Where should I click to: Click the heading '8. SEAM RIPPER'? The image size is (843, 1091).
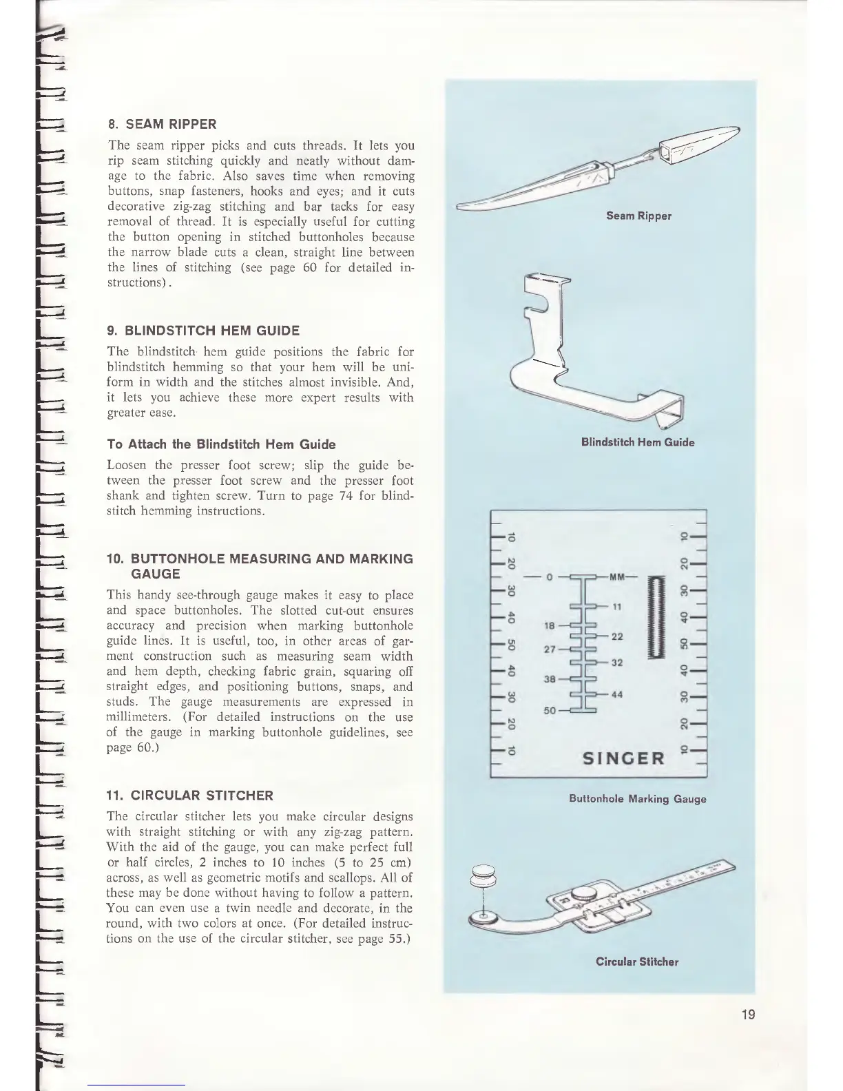(163, 125)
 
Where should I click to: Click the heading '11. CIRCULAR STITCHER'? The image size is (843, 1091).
(190, 796)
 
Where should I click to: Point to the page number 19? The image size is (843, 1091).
(749, 1014)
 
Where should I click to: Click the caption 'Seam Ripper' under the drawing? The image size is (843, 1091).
(638, 216)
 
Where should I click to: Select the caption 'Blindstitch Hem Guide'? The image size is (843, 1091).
(638, 442)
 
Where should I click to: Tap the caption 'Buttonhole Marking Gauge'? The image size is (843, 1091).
(637, 799)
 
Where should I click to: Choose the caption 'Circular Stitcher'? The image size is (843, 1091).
(637, 962)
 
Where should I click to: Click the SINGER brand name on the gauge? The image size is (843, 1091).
(624, 758)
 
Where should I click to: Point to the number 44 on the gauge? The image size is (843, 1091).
(617, 694)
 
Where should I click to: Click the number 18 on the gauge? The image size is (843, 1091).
(550, 626)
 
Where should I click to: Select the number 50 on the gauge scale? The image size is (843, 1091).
(550, 710)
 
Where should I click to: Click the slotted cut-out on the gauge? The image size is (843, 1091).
(653, 619)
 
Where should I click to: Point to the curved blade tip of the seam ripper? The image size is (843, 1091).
(475, 205)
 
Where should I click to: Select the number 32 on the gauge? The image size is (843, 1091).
(617, 663)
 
